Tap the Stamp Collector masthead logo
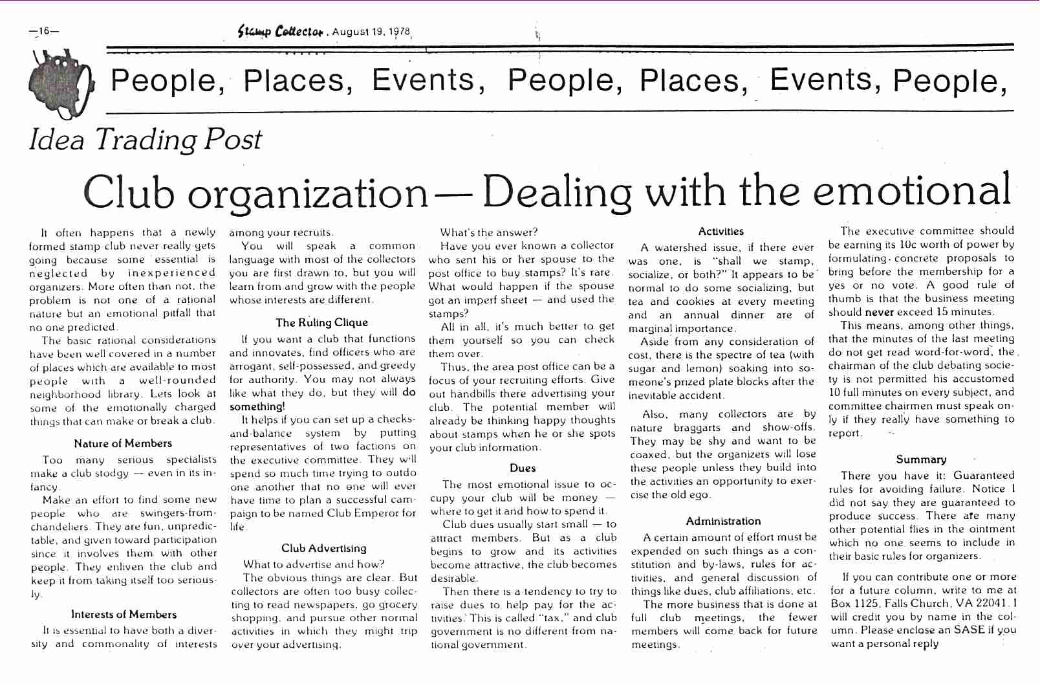click(281, 31)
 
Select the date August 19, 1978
click(371, 32)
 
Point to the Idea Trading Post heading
click(146, 139)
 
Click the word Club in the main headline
click(129, 192)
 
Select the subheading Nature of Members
click(123, 443)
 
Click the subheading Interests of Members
click(124, 614)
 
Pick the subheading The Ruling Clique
click(321, 322)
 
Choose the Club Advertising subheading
click(323, 548)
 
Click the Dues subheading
click(523, 468)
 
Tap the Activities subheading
click(721, 231)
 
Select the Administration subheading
click(723, 521)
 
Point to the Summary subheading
click(921, 459)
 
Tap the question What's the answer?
click(488, 232)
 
